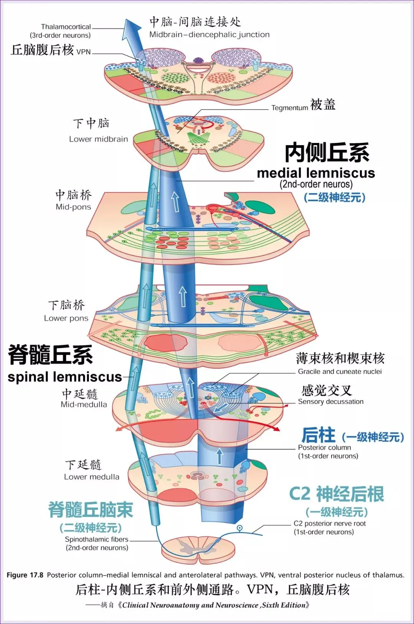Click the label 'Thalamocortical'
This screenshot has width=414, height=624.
tap(66, 27)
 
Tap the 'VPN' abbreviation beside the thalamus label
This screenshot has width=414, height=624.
tap(84, 52)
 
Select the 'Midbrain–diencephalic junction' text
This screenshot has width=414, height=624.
tap(209, 34)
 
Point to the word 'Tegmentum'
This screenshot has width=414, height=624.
tap(289, 108)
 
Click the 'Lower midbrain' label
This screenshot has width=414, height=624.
tap(99, 139)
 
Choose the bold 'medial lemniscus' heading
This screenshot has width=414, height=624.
tap(316, 173)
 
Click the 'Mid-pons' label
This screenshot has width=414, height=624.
tap(73, 207)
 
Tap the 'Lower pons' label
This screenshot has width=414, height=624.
tap(66, 318)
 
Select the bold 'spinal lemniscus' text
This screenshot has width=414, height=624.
tap(64, 377)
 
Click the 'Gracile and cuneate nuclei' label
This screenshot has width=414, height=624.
tap(340, 371)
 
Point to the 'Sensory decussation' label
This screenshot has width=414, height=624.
tap(330, 402)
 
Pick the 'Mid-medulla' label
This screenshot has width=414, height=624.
tap(84, 404)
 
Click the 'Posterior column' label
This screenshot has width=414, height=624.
tap(324, 447)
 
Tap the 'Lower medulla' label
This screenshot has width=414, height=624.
tap(92, 477)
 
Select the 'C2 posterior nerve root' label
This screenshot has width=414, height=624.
tap(330, 524)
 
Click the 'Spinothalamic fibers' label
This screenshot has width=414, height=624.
tap(97, 539)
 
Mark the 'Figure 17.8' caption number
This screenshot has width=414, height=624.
tap(25, 575)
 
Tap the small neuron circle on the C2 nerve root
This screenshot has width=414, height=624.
tap(240, 528)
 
